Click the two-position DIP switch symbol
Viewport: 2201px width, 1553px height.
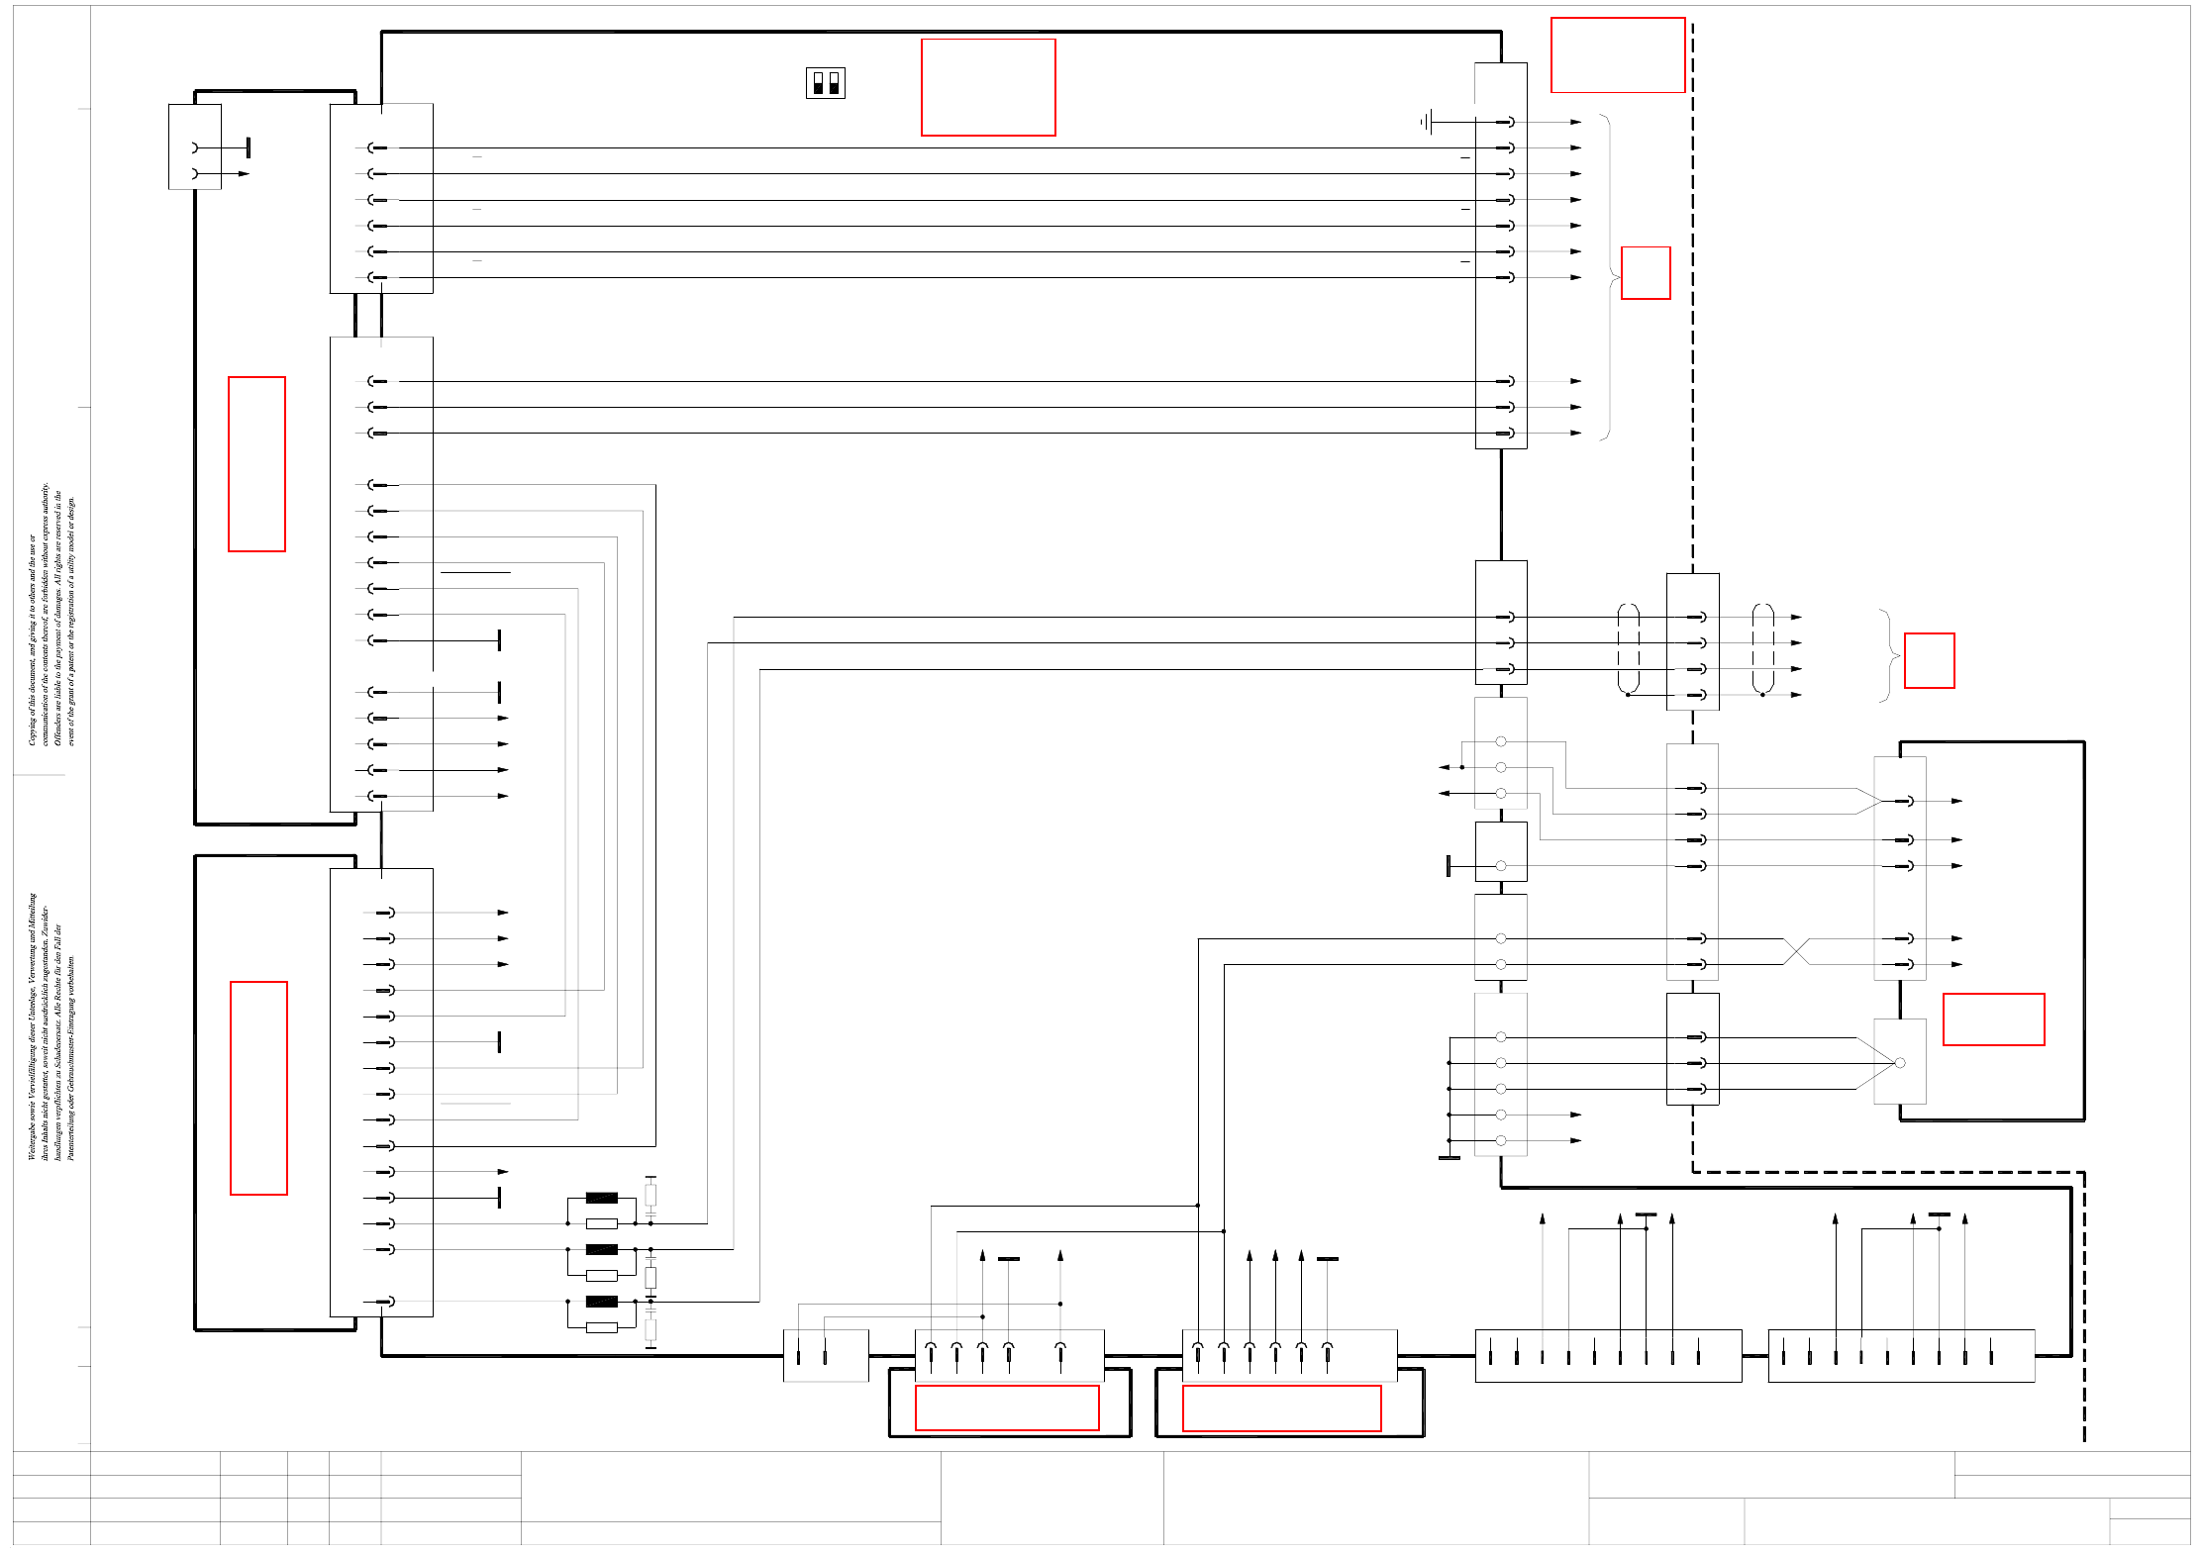(x=825, y=83)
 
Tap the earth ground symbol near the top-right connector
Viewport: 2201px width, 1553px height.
(x=1426, y=122)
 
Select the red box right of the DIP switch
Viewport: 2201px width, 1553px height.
(x=987, y=87)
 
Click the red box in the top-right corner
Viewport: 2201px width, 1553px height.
(x=1617, y=55)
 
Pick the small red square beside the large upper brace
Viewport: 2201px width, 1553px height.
(x=1645, y=273)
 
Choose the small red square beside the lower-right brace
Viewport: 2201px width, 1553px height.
(x=1929, y=660)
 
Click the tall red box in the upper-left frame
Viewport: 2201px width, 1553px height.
(x=256, y=463)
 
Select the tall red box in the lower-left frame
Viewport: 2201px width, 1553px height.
(x=258, y=1088)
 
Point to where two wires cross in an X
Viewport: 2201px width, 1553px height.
(x=1796, y=951)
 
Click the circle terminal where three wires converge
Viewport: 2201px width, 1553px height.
(x=1899, y=1063)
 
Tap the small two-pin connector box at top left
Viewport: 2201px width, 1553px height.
(x=194, y=146)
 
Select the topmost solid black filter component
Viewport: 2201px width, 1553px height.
(x=601, y=1198)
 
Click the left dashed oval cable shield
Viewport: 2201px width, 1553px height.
(x=1628, y=648)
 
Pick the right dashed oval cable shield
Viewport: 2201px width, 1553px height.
(x=1762, y=648)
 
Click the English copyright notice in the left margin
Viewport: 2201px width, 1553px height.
(x=50, y=614)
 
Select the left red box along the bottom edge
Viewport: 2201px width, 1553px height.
(x=1006, y=1407)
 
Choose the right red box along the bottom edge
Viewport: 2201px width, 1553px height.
(x=1281, y=1407)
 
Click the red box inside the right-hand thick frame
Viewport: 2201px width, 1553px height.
(x=1992, y=1019)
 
